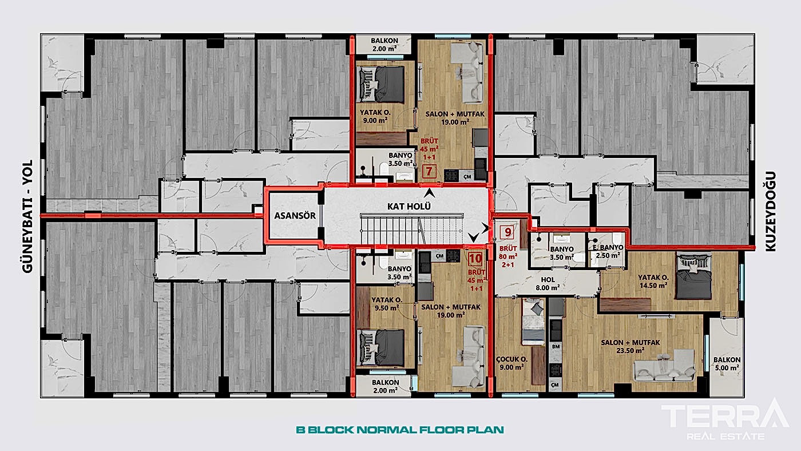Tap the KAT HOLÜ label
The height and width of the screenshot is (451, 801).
point(409,206)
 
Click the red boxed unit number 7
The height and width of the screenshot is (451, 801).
point(428,171)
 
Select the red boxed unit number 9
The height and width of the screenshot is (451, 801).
point(506,232)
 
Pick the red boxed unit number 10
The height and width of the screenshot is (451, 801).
point(475,258)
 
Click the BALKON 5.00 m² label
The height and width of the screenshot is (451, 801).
point(727,364)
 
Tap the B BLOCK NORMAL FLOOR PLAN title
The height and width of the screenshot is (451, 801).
point(400,429)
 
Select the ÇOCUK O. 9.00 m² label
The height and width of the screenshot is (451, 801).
point(511,363)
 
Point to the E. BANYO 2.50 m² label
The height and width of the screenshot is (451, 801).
point(606,252)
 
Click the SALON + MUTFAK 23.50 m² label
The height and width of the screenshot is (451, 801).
point(631,346)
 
